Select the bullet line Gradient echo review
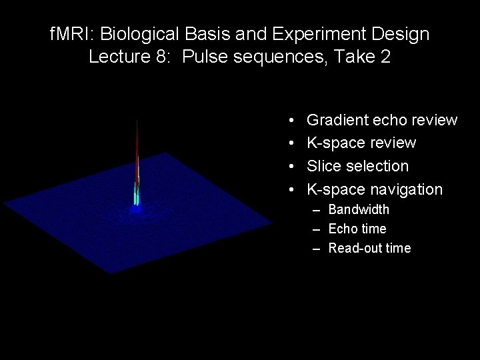(x=381, y=121)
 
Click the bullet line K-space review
(x=361, y=143)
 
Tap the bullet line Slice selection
(x=357, y=166)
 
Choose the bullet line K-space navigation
(x=374, y=189)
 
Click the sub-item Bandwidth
(x=359, y=210)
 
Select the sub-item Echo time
(x=357, y=229)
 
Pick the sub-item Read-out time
(x=369, y=249)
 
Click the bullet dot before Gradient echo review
(x=293, y=121)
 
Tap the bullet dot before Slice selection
(x=293, y=167)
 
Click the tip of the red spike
(x=137, y=121)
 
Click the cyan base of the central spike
(x=136, y=196)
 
